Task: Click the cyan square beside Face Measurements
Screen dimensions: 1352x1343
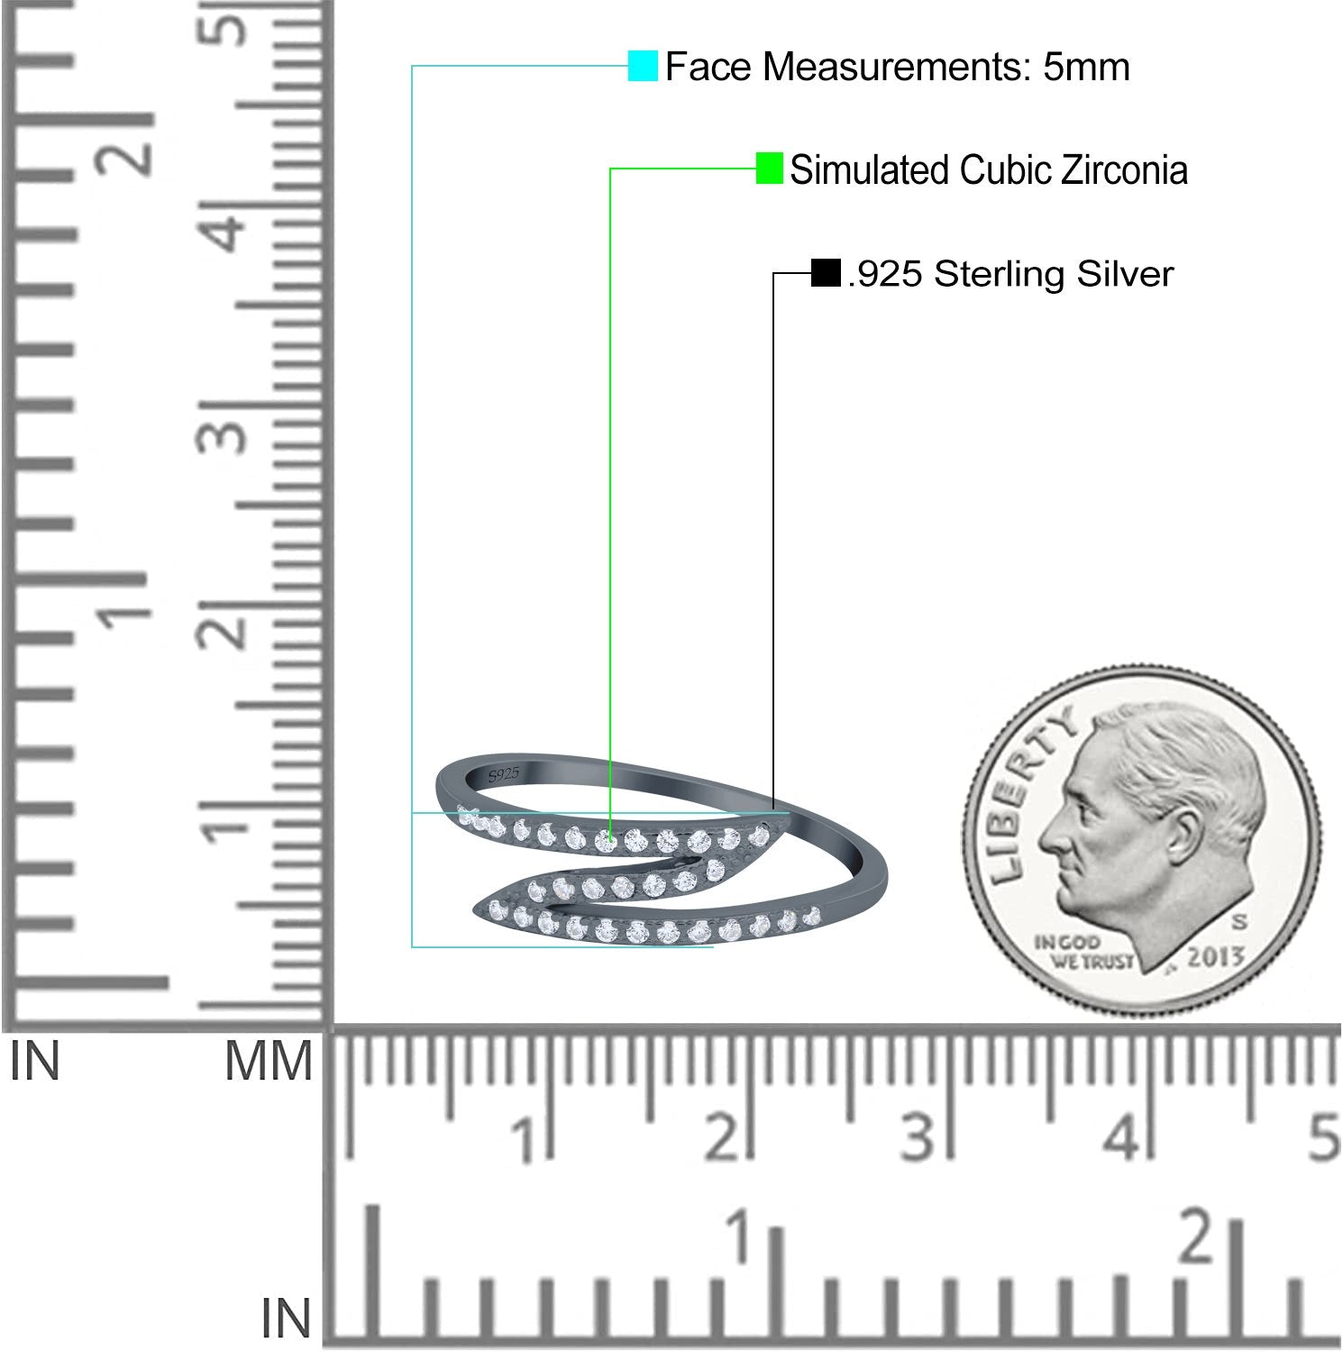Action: point(643,67)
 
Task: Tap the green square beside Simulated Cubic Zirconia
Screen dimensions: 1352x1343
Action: point(769,169)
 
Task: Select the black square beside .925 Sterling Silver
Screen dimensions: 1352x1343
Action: point(826,272)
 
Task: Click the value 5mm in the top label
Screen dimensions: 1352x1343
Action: point(1086,68)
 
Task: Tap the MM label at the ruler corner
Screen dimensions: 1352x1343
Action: point(269,1062)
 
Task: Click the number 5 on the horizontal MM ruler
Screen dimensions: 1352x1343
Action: point(1323,1137)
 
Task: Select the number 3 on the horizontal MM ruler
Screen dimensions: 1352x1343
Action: point(917,1137)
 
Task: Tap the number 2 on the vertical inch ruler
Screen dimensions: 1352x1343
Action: point(133,149)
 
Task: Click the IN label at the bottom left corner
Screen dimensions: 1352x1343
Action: point(286,1319)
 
